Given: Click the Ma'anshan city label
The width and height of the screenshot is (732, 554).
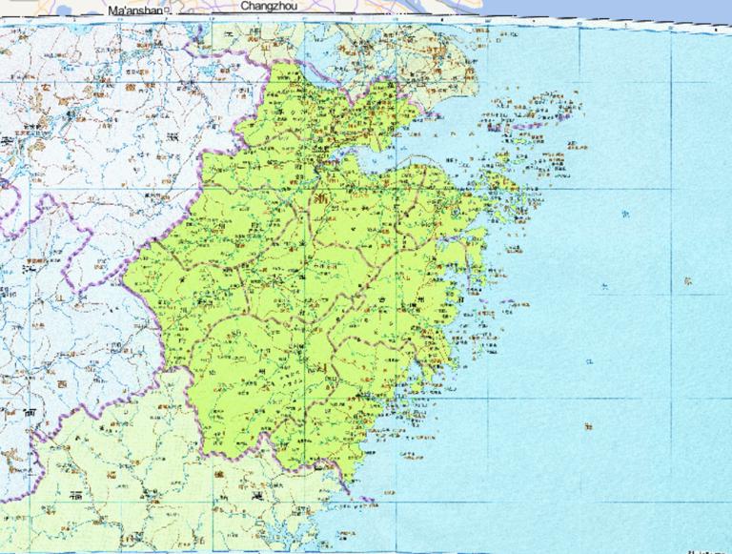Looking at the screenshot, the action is point(135,10).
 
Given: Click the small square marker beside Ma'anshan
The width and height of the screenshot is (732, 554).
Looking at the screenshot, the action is point(168,10).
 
